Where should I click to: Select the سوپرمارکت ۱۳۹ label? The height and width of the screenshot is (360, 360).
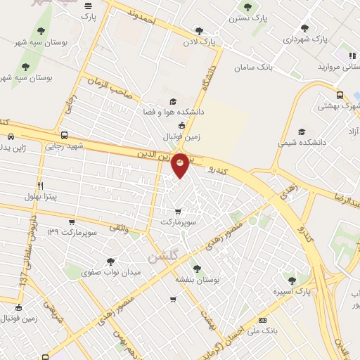click(72, 231)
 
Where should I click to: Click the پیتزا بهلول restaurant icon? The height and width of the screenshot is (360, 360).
click(40, 186)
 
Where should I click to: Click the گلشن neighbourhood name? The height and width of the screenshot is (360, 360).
click(162, 256)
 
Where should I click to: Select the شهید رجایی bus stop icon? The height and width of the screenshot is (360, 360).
click(65, 136)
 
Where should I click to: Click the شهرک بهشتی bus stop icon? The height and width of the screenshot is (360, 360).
click(340, 96)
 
